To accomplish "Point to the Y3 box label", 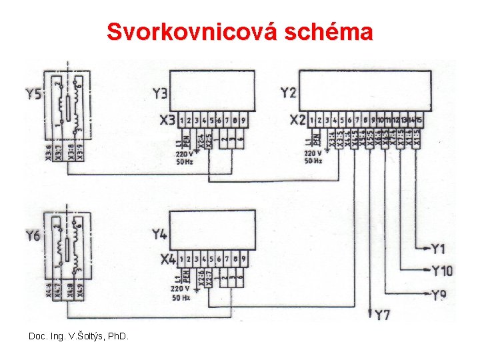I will [x=160, y=93].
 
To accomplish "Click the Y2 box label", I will [x=289, y=93].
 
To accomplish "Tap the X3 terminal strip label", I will [x=167, y=121].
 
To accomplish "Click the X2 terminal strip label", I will [x=298, y=121].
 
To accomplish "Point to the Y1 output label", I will [x=437, y=249].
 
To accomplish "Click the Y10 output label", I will [x=441, y=271].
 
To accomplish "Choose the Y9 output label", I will [x=439, y=294].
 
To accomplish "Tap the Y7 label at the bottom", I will [x=383, y=315].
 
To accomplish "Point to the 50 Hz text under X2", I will [x=313, y=161].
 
